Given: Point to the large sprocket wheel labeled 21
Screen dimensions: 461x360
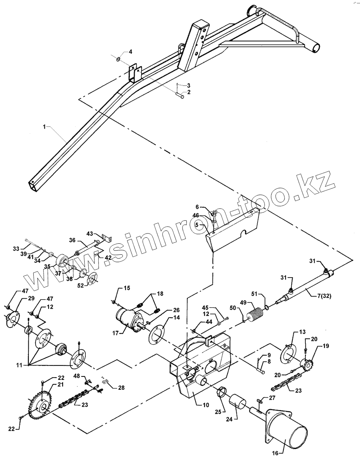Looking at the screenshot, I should pyautogui.click(x=40, y=402).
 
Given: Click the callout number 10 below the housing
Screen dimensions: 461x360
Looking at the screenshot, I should pyautogui.click(x=206, y=405).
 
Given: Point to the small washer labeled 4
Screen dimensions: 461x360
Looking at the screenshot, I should pyautogui.click(x=118, y=59).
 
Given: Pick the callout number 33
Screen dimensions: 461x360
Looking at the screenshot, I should pyautogui.click(x=16, y=248).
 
